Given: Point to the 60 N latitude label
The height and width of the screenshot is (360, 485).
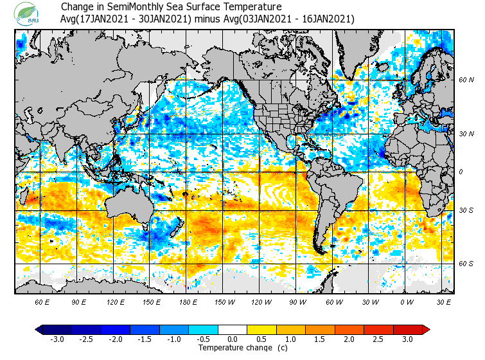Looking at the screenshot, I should [x=466, y=80].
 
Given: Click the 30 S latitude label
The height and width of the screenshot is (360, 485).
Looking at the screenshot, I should [x=466, y=211].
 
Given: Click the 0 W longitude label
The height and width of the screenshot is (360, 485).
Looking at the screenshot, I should [x=407, y=301].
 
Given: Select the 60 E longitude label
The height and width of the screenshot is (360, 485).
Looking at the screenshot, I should [x=42, y=301].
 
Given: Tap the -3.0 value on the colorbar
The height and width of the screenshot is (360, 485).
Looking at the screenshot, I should [x=57, y=339].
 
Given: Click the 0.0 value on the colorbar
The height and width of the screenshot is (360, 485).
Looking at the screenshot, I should [x=233, y=339].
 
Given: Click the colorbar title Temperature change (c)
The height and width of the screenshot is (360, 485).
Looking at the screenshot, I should [x=233, y=348].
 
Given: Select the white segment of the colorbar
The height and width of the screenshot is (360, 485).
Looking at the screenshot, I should [x=233, y=330].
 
